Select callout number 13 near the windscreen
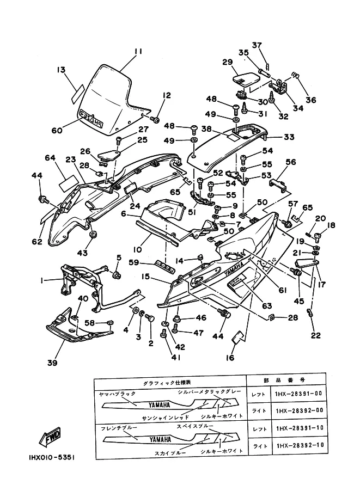61,70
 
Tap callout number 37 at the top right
257,45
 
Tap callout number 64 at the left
51,158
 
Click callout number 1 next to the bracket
41,280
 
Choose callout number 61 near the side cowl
282,290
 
